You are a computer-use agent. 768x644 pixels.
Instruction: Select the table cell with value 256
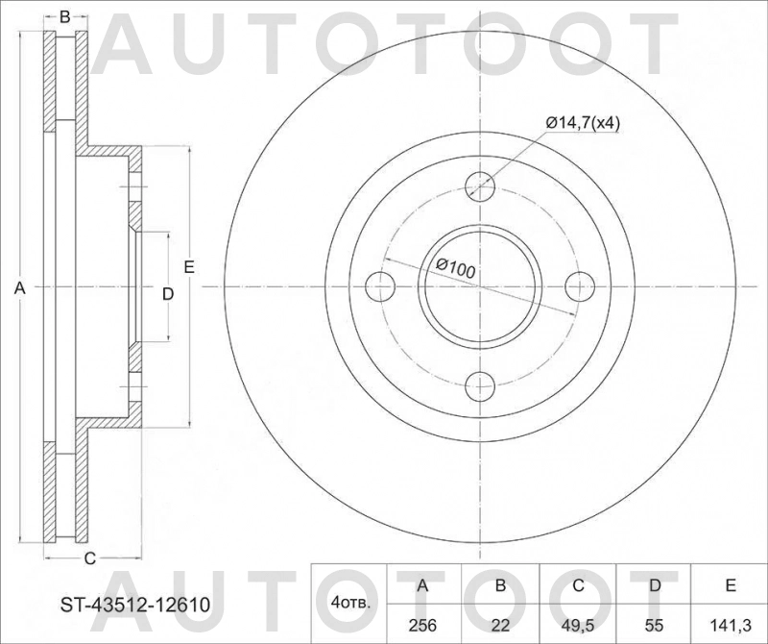[x=422, y=624]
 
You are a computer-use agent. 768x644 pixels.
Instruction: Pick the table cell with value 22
[x=499, y=624]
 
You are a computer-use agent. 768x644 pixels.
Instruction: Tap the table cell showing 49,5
[x=576, y=624]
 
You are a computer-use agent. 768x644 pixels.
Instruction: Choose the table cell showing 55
[x=653, y=624]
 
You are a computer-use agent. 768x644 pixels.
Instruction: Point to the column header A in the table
[x=422, y=585]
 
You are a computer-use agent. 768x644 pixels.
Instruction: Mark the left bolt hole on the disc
[x=381, y=286]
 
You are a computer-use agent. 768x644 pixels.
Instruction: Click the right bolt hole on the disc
[x=580, y=286]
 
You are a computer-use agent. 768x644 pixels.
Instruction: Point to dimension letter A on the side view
[x=18, y=287]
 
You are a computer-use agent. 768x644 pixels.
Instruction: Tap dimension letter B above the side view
[x=65, y=15]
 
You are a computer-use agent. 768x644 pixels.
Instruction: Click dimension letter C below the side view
[x=88, y=558]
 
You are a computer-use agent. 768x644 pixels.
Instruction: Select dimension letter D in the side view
[x=166, y=293]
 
